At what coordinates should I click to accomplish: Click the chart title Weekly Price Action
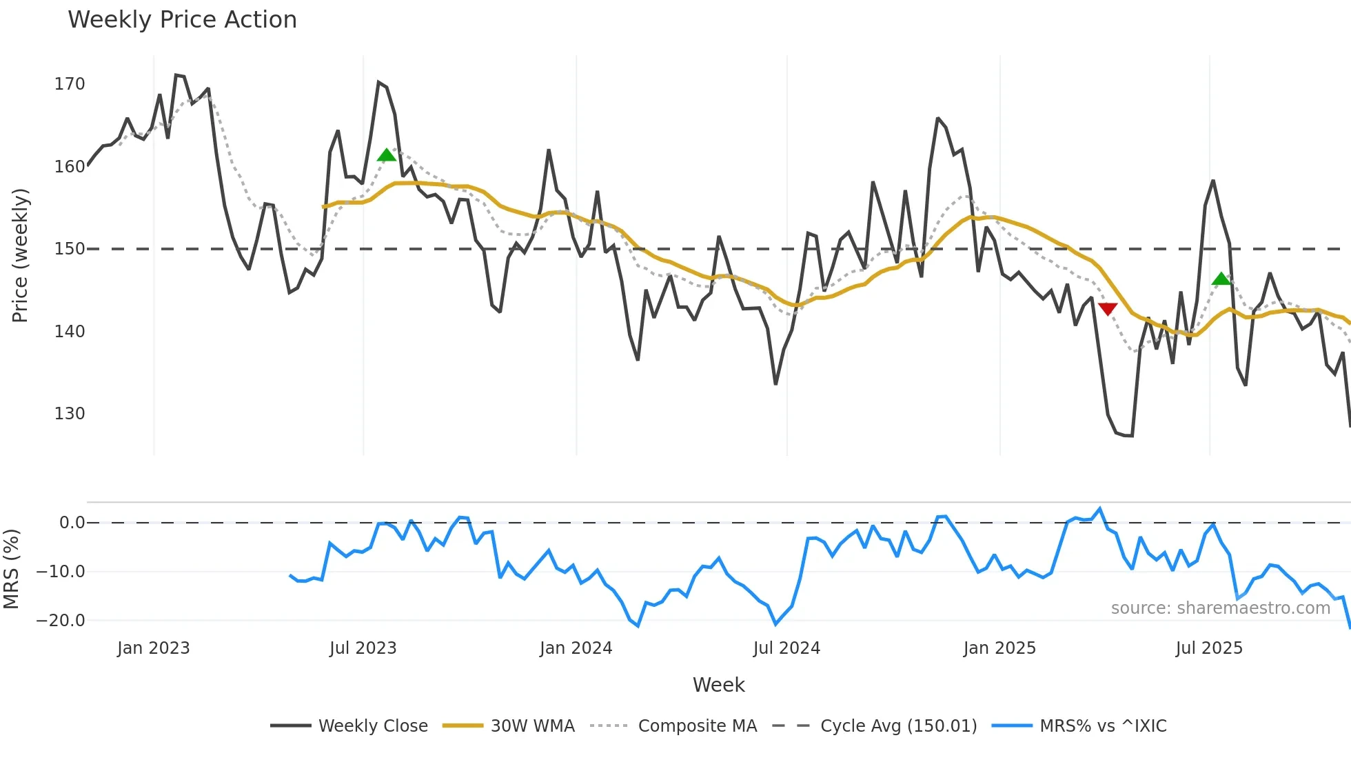182,20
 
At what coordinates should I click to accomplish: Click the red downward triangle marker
1108,309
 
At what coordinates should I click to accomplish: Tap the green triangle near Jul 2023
387,154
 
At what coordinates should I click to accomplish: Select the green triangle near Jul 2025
1221,279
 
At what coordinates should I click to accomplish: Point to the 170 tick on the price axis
70,84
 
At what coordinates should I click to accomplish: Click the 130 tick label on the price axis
70,414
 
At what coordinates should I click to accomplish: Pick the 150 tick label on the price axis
70,249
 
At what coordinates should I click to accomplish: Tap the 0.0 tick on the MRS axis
72,523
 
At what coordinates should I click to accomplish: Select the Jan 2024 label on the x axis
576,648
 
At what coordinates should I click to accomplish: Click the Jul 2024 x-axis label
786,648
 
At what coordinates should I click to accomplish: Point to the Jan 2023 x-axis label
153,648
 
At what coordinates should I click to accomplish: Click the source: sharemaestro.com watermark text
1220,608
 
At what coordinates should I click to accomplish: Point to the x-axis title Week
718,685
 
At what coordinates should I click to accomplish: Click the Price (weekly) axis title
20,255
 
